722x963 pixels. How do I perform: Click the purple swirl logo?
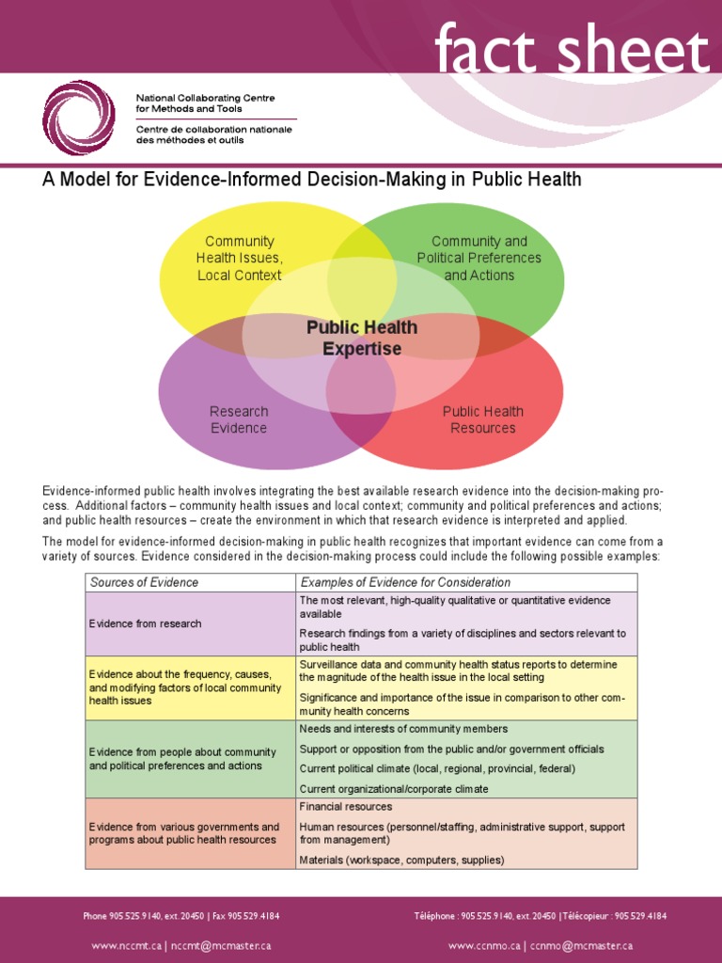(78, 118)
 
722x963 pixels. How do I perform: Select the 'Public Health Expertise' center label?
(362, 339)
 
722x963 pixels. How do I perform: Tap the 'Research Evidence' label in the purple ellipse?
(239, 419)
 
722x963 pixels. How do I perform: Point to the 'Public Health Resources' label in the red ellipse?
(483, 419)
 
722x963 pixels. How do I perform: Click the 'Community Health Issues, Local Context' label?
(239, 259)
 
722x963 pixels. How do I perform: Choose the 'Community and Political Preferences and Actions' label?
(479, 259)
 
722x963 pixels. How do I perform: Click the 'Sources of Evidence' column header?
(144, 582)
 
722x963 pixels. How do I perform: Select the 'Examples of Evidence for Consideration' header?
(405, 582)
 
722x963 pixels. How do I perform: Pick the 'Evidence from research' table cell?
(145, 624)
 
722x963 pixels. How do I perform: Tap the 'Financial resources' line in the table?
(346, 807)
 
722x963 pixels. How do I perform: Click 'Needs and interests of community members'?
(403, 729)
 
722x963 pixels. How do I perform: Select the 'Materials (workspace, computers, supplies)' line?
(401, 860)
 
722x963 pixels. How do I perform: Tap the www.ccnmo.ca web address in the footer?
(485, 945)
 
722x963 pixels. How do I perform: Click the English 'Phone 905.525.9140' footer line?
(181, 915)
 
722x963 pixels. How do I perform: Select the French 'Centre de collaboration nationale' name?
(213, 134)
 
